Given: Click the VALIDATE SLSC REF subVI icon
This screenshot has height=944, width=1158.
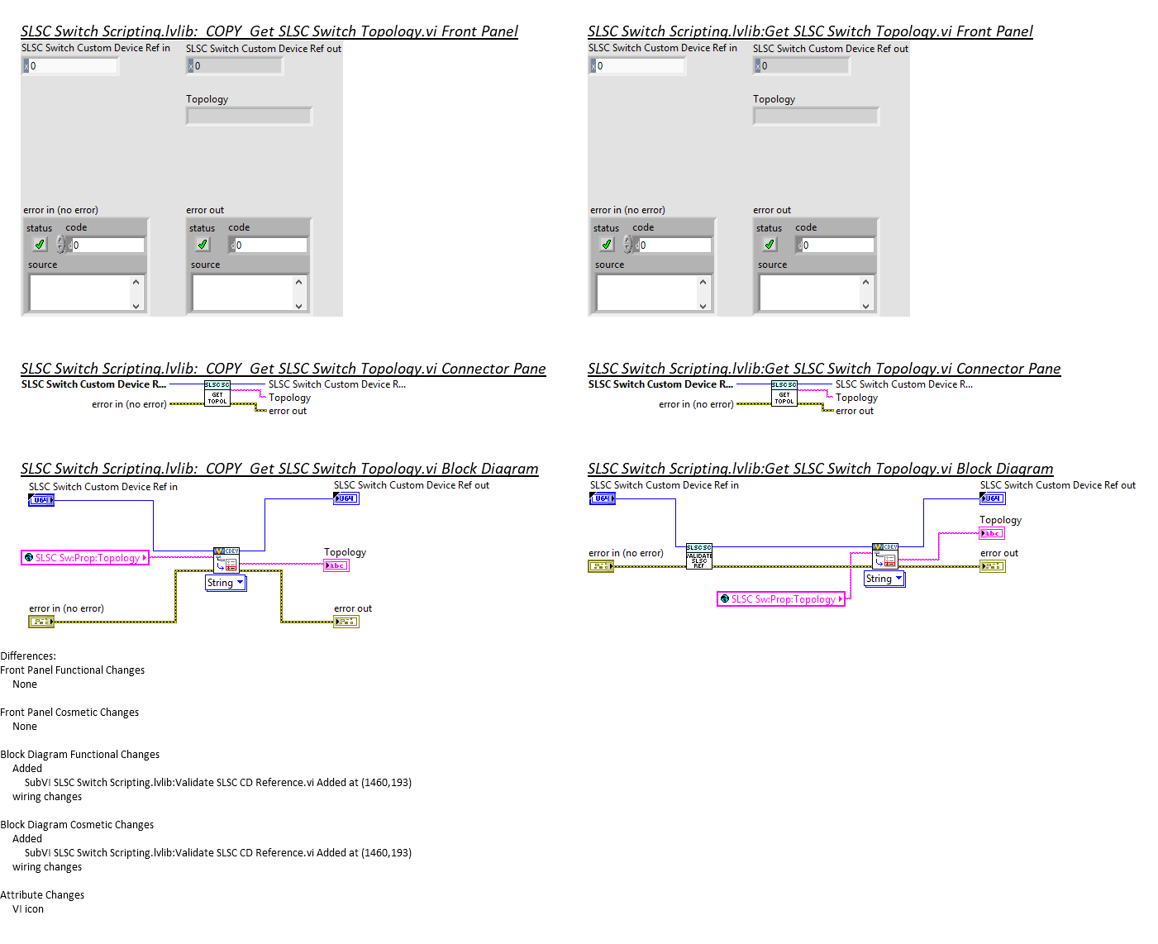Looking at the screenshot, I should coord(698,557).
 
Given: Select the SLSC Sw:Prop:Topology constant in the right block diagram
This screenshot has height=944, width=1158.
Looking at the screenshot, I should coord(781,599).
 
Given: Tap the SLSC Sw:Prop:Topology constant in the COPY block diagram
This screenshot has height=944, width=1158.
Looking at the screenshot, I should coord(85,558).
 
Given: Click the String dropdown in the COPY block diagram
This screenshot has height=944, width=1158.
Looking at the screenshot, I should coord(226,583).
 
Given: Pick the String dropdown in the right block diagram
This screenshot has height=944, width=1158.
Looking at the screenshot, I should coord(884,579).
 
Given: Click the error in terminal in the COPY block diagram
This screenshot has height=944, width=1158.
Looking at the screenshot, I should coord(41,622).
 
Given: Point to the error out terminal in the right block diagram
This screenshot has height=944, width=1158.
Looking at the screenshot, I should coord(992,566).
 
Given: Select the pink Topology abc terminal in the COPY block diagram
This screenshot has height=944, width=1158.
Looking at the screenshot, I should coord(336,565).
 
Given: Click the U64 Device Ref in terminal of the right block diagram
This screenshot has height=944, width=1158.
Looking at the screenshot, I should coord(603,498).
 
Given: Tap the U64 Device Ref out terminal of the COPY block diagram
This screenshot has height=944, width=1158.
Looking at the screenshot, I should coord(346,498).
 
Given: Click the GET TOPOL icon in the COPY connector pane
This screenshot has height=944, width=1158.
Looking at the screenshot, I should coord(217,393).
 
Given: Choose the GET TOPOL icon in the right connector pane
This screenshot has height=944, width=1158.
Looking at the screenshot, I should coord(784,393).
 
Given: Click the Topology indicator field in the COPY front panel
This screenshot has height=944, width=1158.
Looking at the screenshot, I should coord(249,117).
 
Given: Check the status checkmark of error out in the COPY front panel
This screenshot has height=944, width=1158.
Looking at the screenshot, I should coord(203,245).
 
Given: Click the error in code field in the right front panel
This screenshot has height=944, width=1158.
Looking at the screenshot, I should coord(674,246).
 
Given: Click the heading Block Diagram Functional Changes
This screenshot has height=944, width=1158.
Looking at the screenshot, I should coord(80,755).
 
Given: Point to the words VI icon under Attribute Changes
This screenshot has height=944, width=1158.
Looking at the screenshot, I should coord(28,909).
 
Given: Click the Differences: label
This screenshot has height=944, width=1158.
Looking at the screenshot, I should coord(28,656).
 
